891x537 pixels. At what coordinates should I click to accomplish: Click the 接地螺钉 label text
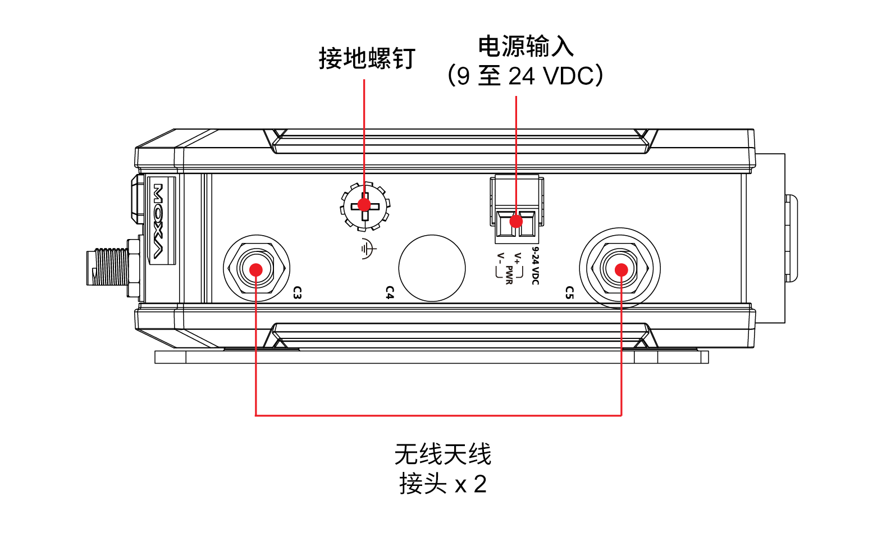[x=367, y=58]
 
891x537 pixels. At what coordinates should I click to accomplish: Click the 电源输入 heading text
[x=526, y=46]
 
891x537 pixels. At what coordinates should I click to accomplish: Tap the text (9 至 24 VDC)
[x=526, y=76]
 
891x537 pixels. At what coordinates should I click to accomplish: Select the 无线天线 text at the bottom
[x=442, y=454]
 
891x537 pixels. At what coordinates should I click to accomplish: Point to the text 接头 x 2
[x=442, y=484]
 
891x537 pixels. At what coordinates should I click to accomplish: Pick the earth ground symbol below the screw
[x=368, y=249]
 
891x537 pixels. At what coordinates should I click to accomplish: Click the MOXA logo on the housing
[x=159, y=221]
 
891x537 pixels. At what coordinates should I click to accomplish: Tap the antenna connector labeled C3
[x=256, y=269]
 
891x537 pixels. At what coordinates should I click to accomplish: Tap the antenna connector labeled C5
[x=620, y=269]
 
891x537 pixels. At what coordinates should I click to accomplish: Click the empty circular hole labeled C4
[x=432, y=268]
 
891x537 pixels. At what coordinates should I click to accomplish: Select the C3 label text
[x=298, y=292]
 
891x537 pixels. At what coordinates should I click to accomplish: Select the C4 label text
[x=390, y=292]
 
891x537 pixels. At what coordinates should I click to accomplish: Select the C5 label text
[x=569, y=292]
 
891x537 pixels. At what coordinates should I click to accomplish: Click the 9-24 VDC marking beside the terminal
[x=536, y=265]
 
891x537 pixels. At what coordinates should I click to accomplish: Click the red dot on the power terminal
[x=516, y=221]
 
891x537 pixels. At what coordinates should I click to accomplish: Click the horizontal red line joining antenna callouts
[x=438, y=415]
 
